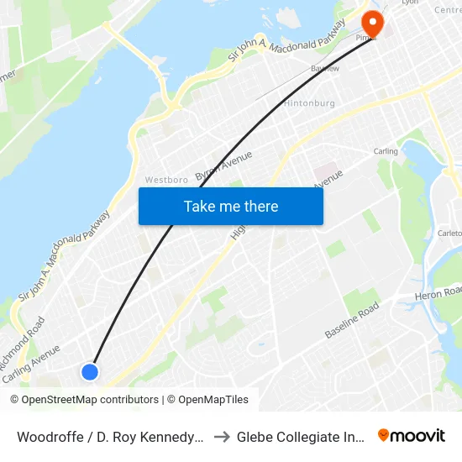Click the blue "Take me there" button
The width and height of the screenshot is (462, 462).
pyautogui.click(x=231, y=206)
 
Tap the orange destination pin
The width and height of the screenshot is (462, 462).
pyautogui.click(x=370, y=23)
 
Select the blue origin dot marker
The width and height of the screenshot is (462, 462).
pyautogui.click(x=90, y=371)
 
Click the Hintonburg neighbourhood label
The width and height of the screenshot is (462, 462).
pyautogui.click(x=309, y=103)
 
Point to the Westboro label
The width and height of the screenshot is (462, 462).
pyautogui.click(x=165, y=180)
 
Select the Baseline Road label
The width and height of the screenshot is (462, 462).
pyautogui.click(x=352, y=322)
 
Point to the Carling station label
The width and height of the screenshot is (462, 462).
pyautogui.click(x=386, y=152)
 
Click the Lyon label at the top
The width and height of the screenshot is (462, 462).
pyautogui.click(x=410, y=3)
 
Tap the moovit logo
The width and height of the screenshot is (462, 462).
pyautogui.click(x=412, y=435)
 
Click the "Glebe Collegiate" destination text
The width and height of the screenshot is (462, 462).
pyautogui.click(x=297, y=437)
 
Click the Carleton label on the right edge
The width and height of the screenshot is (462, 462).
pyautogui.click(x=449, y=234)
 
